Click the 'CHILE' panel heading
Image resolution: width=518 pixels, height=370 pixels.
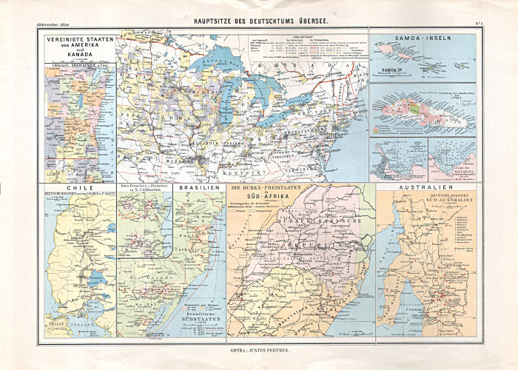[78, 189]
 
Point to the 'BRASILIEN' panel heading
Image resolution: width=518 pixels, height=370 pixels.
[198, 189]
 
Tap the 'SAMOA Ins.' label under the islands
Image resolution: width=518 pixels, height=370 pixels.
[391, 70]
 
